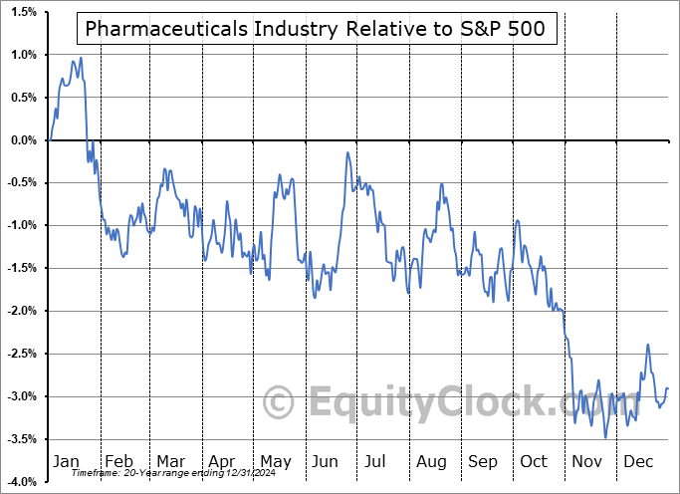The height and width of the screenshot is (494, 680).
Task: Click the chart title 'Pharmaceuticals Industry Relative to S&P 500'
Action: click(316, 30)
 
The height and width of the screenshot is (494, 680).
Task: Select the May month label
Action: click(276, 462)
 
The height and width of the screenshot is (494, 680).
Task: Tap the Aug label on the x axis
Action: click(432, 462)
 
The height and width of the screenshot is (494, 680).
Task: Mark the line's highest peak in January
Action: click(81, 58)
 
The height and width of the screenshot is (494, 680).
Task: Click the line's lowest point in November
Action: click(604, 437)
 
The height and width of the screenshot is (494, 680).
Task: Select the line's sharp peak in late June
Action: click(347, 152)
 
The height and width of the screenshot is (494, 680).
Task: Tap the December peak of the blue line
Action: click(648, 345)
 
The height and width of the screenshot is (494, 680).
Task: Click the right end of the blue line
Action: click(668, 388)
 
